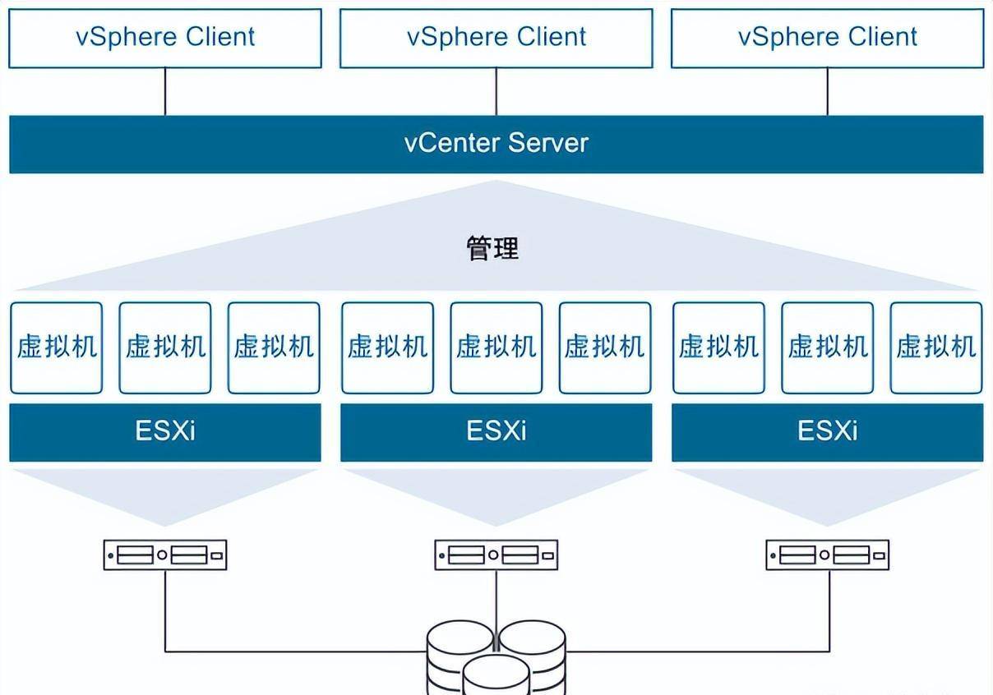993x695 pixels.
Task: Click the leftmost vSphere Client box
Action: point(165,38)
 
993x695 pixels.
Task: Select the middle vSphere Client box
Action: point(496,38)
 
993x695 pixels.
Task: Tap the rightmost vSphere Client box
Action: point(828,38)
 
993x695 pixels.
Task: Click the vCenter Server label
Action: point(496,144)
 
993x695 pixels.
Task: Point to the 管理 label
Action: point(493,248)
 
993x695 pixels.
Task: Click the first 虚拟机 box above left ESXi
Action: point(57,347)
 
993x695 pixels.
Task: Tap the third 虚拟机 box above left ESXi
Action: point(274,347)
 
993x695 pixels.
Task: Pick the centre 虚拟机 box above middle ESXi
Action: point(496,347)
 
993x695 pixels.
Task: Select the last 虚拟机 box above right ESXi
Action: point(936,347)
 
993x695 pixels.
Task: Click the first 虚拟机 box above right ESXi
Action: point(718,347)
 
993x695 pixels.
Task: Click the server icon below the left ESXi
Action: point(165,555)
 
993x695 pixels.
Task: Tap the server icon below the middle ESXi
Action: point(496,555)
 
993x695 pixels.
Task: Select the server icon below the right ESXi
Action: point(828,555)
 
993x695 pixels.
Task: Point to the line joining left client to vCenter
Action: point(165,91)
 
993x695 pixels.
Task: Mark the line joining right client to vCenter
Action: point(828,91)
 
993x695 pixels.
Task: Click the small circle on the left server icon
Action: point(162,556)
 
